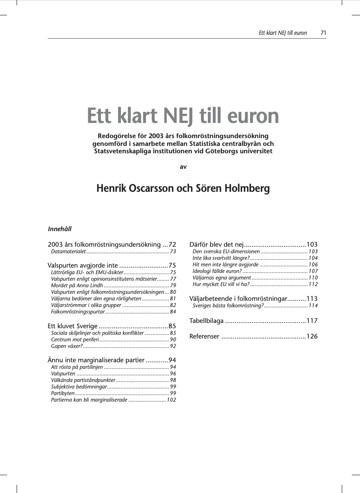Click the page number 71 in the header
click(323, 33)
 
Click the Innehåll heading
click(59, 229)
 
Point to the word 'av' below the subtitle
click(183, 167)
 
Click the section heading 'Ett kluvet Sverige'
click(73, 326)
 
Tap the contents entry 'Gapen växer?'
click(67, 346)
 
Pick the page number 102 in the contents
click(171, 400)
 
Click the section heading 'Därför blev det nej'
click(216, 245)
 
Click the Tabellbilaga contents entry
click(206, 321)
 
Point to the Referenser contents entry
click(204, 336)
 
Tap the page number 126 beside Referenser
click(312, 336)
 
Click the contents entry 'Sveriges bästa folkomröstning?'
click(228, 306)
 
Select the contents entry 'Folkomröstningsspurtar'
click(77, 312)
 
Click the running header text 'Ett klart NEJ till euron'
click(283, 33)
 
